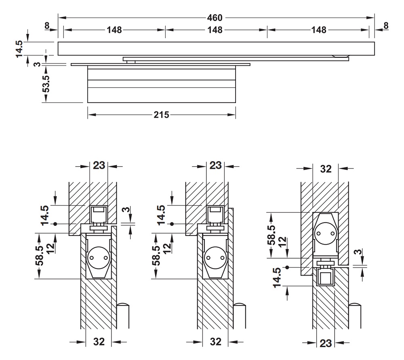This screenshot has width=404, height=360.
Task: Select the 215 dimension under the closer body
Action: pos(162,115)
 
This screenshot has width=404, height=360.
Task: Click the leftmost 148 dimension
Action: pos(114,30)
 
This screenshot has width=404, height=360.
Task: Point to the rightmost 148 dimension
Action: pos(318,30)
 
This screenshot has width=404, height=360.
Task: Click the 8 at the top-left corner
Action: pos(47,25)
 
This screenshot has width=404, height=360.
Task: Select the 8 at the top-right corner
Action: pos(385,25)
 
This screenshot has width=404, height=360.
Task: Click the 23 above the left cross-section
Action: pos(99,165)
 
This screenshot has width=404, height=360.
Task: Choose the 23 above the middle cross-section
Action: pos(216,165)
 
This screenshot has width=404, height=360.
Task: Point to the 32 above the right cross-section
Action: pos(326,169)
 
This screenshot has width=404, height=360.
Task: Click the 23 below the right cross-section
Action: pos(326,343)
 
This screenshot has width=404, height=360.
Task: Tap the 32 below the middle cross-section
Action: pos(216,342)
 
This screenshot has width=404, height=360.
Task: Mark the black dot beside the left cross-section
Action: pos(56,224)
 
